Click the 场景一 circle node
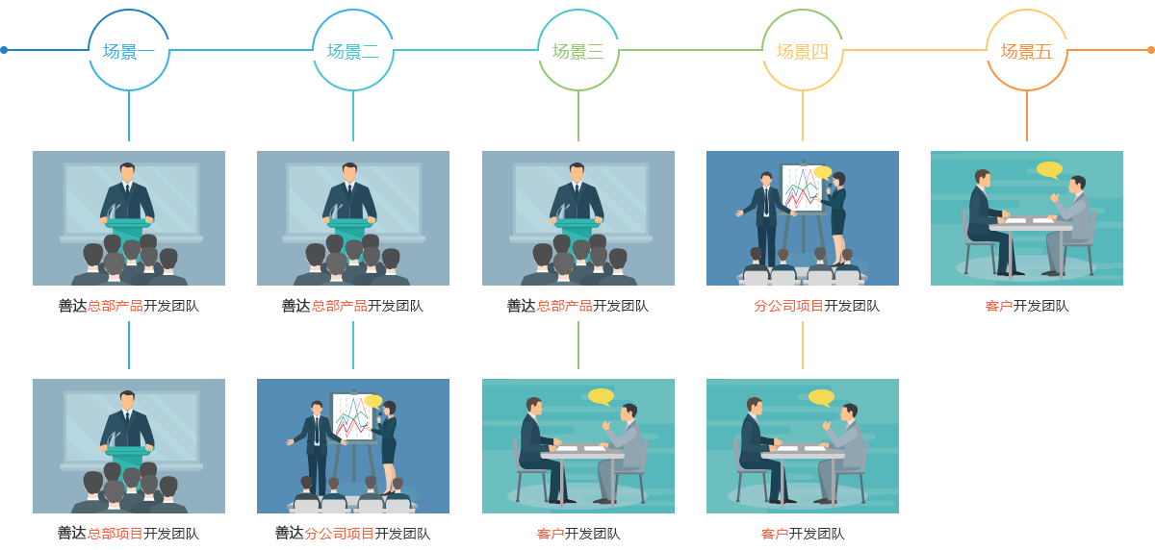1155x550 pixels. tap(128, 51)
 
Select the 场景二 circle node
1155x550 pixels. tap(352, 51)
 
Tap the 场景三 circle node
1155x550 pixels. tap(577, 51)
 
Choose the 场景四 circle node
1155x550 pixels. tap(802, 51)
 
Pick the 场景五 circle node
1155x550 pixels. tap(1026, 51)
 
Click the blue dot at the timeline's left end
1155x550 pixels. tap(4, 50)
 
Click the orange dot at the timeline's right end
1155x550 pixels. tap(1150, 50)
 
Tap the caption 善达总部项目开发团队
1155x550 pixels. tap(128, 534)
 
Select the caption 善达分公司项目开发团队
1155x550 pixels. tap(352, 534)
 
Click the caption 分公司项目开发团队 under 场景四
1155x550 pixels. tap(816, 306)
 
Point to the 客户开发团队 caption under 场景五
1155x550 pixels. tap(1026, 306)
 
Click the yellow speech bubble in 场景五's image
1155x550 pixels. tap(1049, 169)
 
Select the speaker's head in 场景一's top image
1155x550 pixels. tap(127, 172)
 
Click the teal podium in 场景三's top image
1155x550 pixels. tap(577, 225)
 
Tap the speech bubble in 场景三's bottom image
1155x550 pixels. tap(601, 396)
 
